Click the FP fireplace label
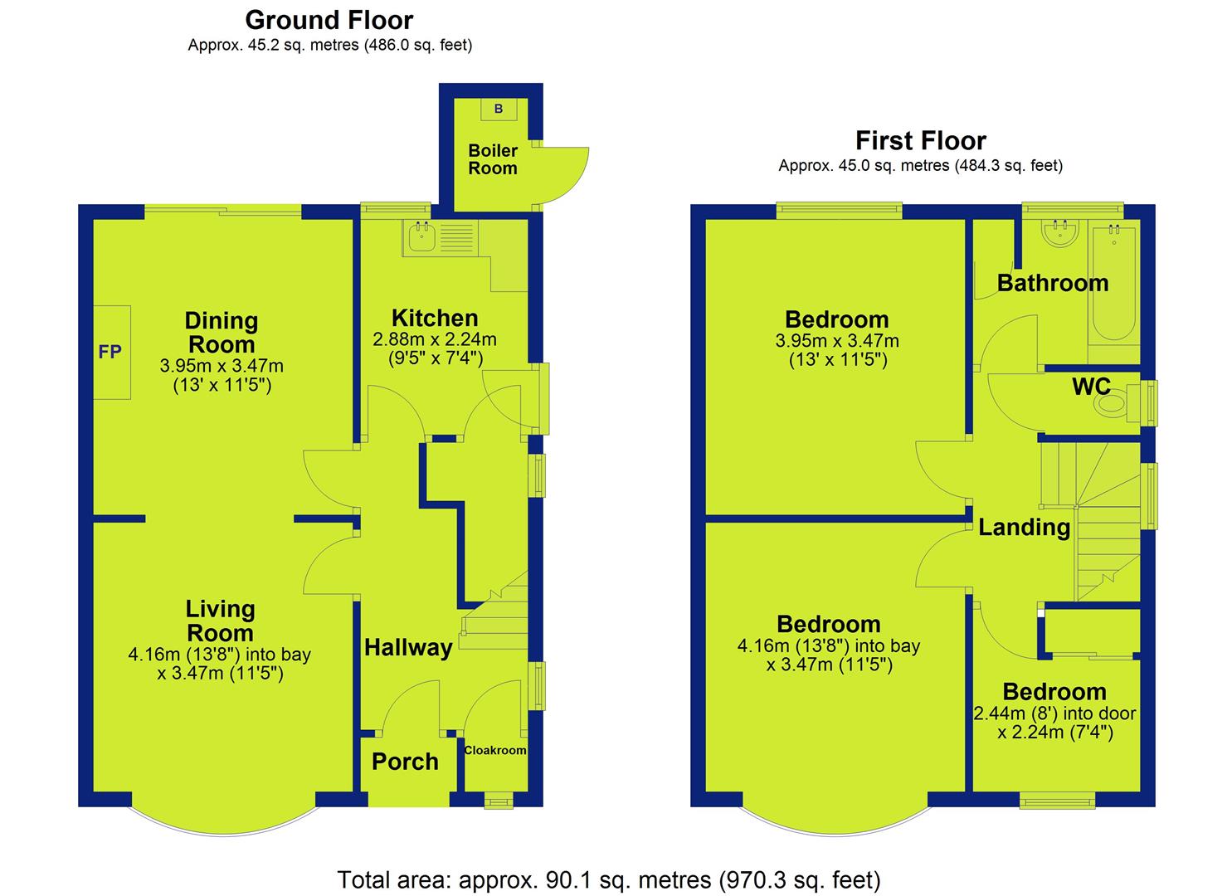tap(110, 352)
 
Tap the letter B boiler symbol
tap(499, 109)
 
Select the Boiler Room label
tap(493, 159)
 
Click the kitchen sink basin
tap(422, 238)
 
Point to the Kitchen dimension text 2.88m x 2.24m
tap(435, 339)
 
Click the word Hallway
tap(408, 647)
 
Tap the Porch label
tap(406, 762)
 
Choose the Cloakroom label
tap(495, 750)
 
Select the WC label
tap(1091, 387)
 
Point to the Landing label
tap(1024, 528)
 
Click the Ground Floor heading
tap(329, 21)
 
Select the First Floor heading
tap(921, 140)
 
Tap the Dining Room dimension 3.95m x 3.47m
tap(222, 365)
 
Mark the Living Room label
tap(220, 621)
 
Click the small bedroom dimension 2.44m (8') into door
tap(1054, 713)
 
